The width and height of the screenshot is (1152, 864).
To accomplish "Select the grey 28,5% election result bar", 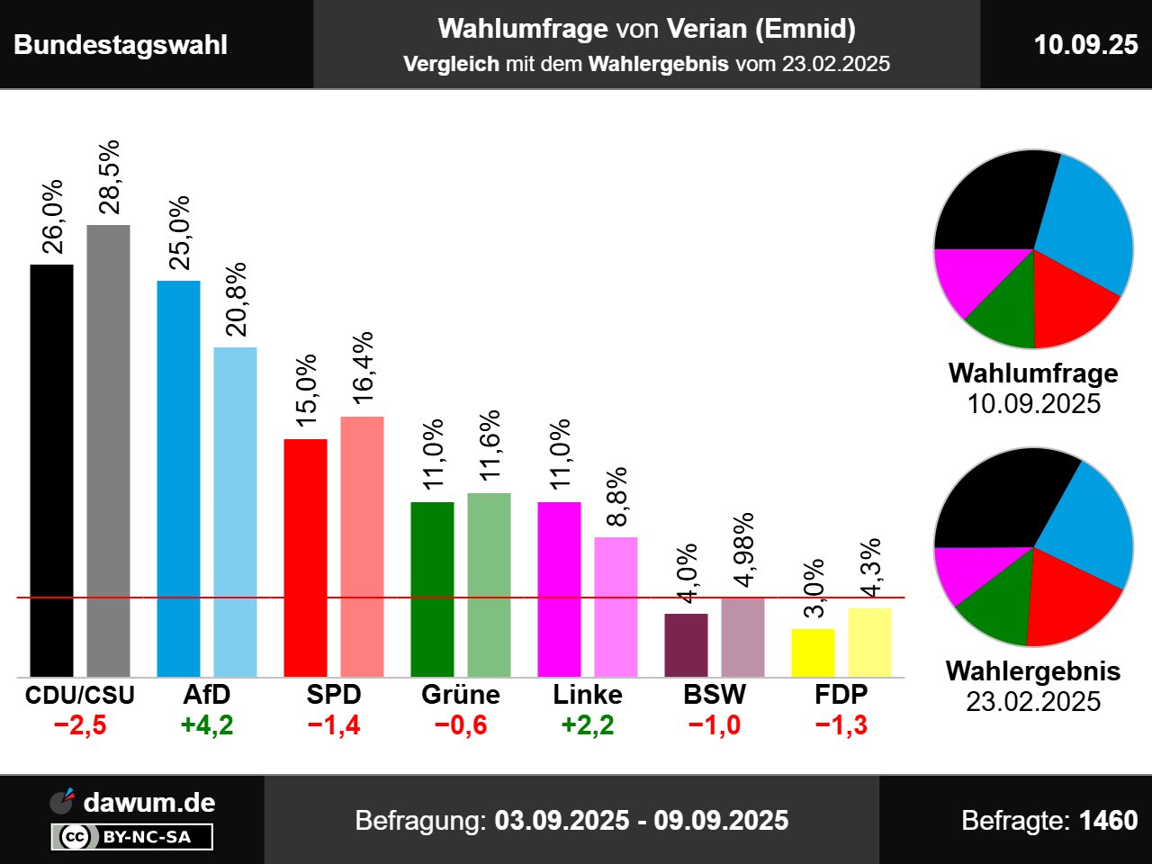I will pyautogui.click(x=108, y=450).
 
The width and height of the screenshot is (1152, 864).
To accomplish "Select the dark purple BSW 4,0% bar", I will pyautogui.click(x=686, y=644).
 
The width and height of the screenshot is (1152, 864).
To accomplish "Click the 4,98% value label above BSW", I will pyautogui.click(x=744, y=550).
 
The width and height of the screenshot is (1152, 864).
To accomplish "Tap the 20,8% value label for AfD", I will pyautogui.click(x=237, y=300).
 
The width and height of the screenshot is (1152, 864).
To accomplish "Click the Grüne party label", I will pyautogui.click(x=461, y=695).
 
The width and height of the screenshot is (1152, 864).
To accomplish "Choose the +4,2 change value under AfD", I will pyautogui.click(x=207, y=725).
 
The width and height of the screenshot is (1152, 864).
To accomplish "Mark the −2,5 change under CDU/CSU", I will pyautogui.click(x=80, y=725).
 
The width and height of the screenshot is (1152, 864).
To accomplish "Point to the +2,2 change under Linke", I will pyautogui.click(x=588, y=725).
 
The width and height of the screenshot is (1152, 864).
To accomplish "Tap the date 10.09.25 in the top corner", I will pyautogui.click(x=1085, y=45).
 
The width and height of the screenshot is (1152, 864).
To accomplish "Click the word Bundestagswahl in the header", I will pyautogui.click(x=121, y=45).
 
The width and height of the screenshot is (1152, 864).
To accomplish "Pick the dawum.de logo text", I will pyautogui.click(x=148, y=802).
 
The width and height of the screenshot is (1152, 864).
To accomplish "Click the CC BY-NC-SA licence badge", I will pyautogui.click(x=132, y=837).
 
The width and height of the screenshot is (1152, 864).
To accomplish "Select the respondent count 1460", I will pyautogui.click(x=1108, y=821).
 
